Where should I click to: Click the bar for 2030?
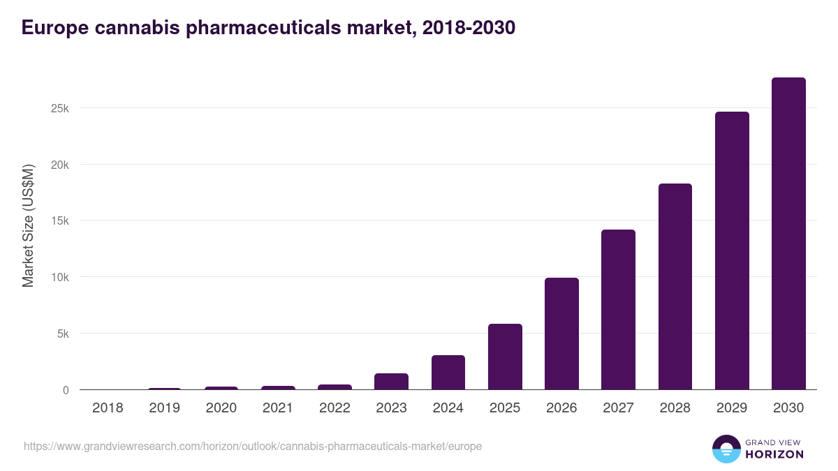point(788,234)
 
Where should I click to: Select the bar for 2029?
point(732,251)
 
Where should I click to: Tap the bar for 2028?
point(675,287)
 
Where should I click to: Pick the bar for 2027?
point(618,310)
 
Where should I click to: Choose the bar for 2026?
point(561,334)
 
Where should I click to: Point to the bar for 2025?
point(505,357)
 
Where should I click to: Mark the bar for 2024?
point(448,373)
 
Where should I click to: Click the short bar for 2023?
point(391,382)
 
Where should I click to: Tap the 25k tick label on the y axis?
point(59,109)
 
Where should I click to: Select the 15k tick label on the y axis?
point(59,221)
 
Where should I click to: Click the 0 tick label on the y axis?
point(66,390)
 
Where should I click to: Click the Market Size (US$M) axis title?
point(28,225)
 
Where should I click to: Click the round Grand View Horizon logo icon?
point(726,449)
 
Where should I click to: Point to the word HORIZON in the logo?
point(774,454)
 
